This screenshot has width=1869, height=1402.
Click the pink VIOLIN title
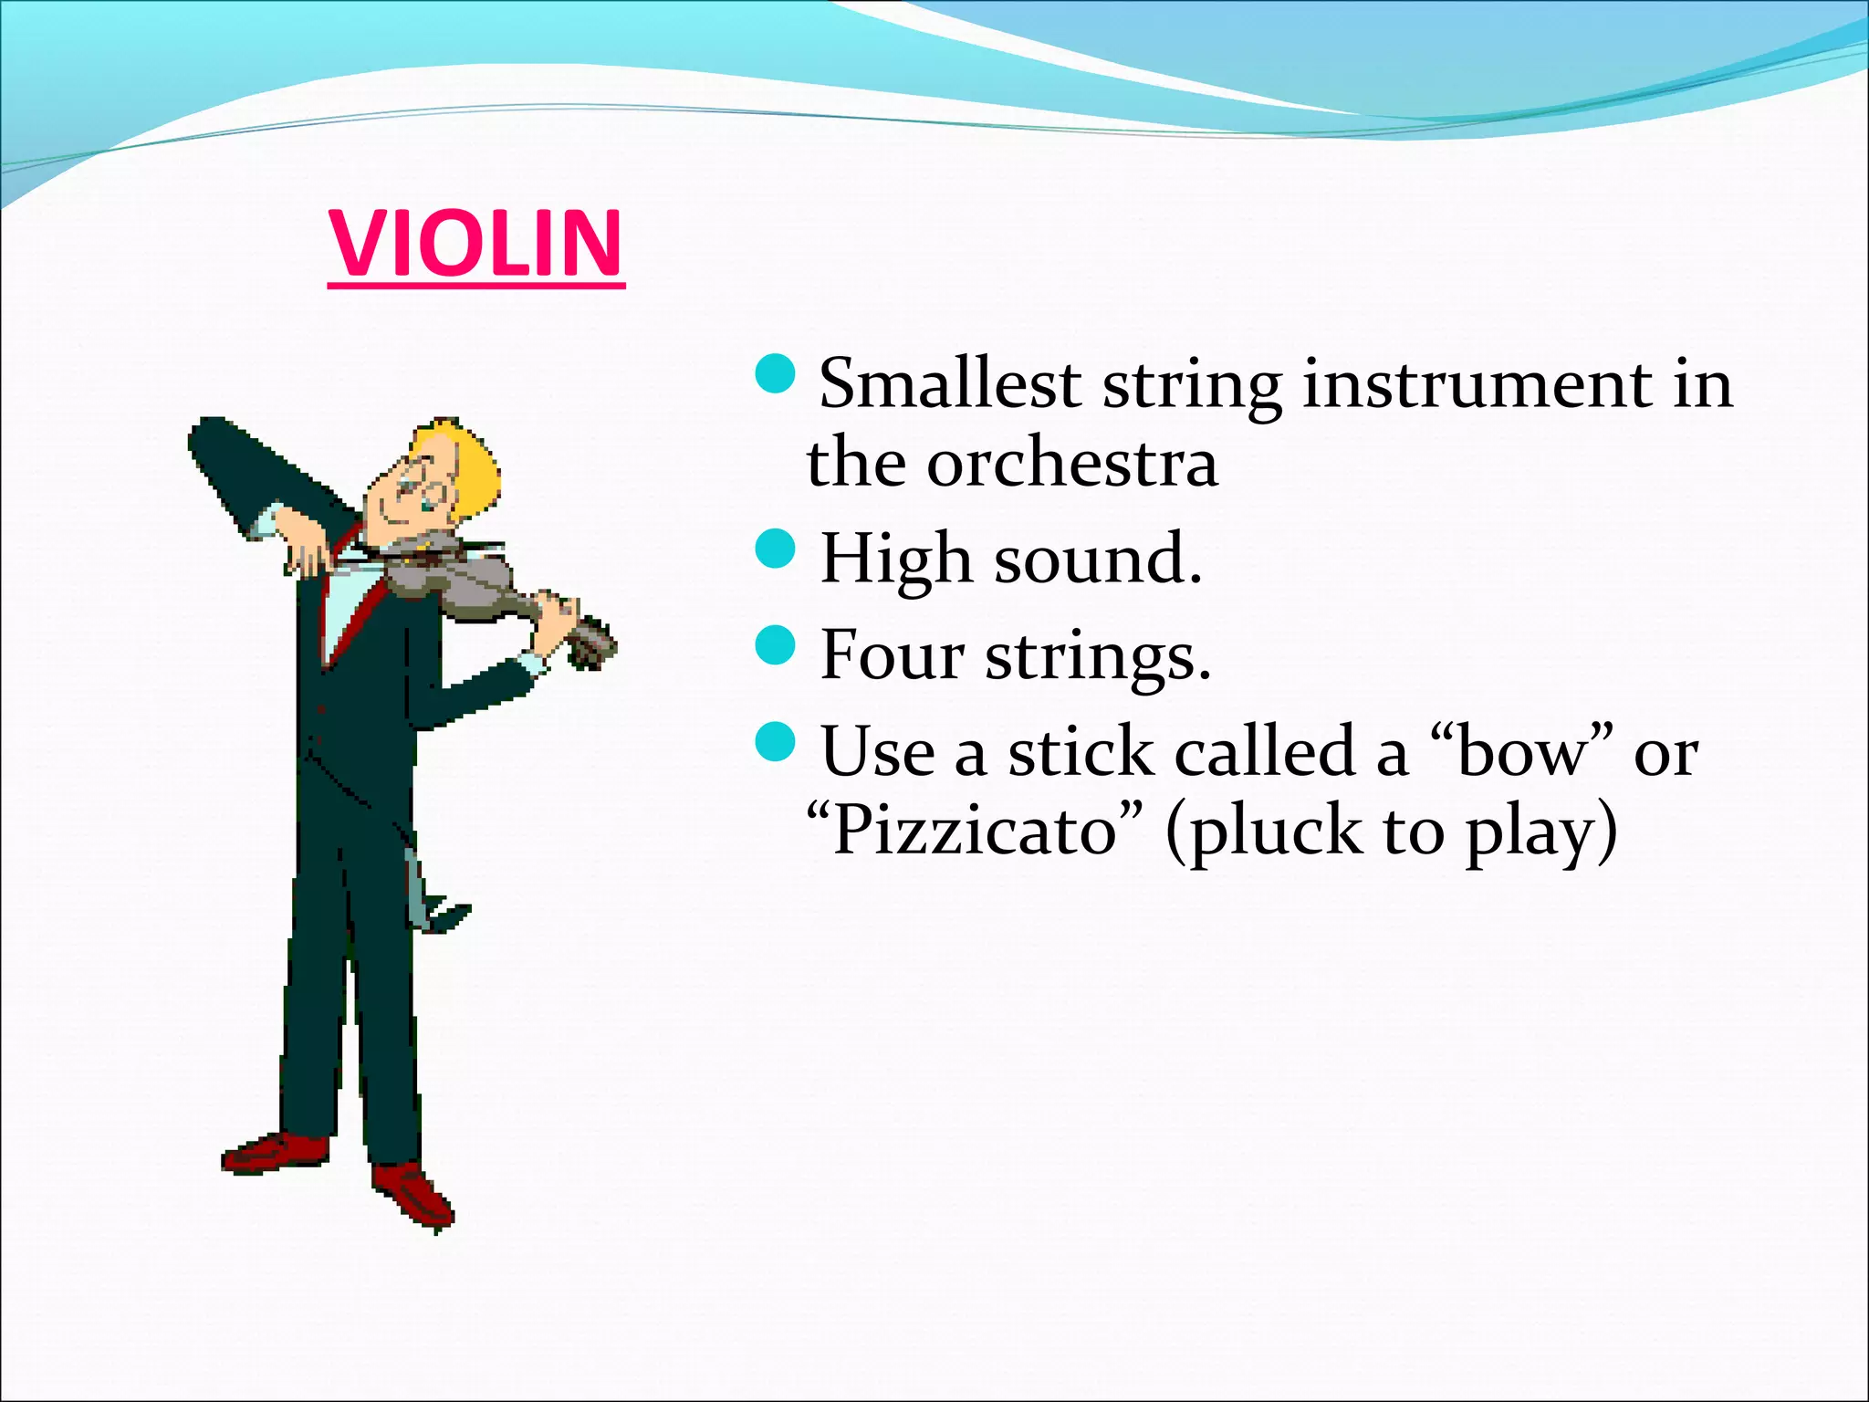pos(475,244)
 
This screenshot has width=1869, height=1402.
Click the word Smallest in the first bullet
pos(949,383)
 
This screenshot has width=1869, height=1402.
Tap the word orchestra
pos(1071,464)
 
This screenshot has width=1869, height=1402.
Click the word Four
pos(892,654)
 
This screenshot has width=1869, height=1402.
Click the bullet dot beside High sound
pos(776,549)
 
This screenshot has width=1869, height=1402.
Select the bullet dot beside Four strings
pos(776,644)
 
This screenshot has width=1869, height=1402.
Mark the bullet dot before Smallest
pos(776,374)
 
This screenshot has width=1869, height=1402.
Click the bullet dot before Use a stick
pos(776,741)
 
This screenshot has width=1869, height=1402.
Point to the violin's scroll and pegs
pos(591,643)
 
